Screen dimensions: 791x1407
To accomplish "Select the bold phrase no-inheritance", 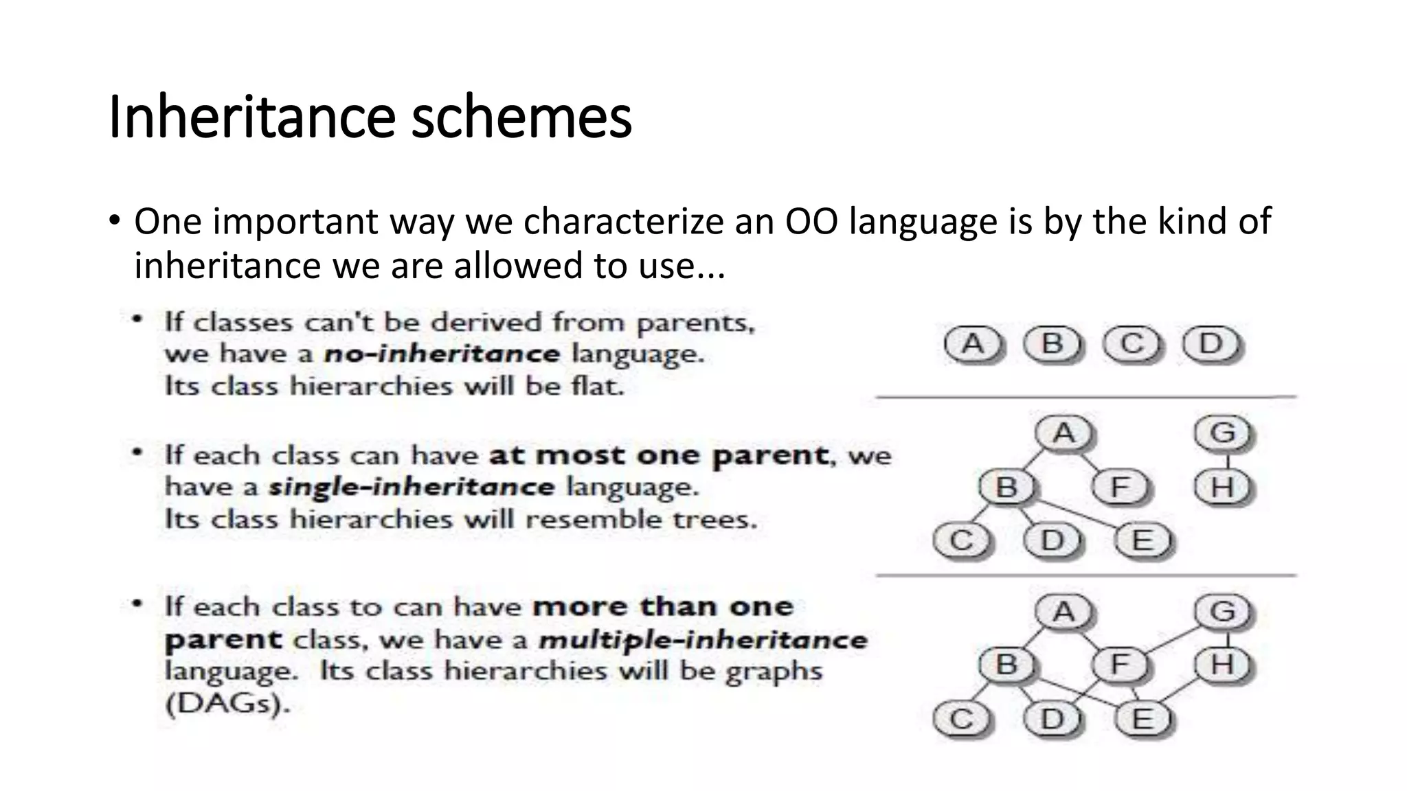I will click(x=442, y=354).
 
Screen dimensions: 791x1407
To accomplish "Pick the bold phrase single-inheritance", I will click(x=411, y=488).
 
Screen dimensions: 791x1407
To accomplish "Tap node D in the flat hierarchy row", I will click(x=1211, y=343).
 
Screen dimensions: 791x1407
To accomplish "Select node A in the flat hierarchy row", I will click(x=972, y=343).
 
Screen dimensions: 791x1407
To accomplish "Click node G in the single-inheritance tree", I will click(x=1223, y=433).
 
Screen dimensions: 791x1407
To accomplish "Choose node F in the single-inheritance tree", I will click(x=1120, y=488).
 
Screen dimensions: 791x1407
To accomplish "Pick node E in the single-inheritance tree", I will click(x=1142, y=541).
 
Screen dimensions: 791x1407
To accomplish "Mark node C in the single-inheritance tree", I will click(x=960, y=541).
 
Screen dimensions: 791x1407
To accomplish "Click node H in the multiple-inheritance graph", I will click(x=1223, y=665).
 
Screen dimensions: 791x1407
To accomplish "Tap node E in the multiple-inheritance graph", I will click(x=1142, y=719).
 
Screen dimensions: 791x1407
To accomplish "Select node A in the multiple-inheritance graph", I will click(x=1063, y=611).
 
